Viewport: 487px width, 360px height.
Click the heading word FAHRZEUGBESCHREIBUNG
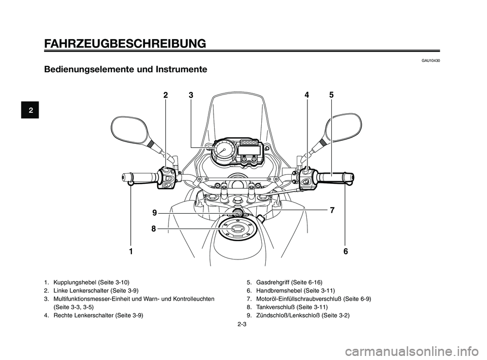125,43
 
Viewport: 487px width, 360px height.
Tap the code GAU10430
430,61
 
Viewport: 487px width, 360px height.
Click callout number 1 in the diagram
130,252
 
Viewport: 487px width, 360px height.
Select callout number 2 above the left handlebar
165,95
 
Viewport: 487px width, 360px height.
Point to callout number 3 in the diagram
191,95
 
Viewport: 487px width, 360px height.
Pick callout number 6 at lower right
345,252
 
